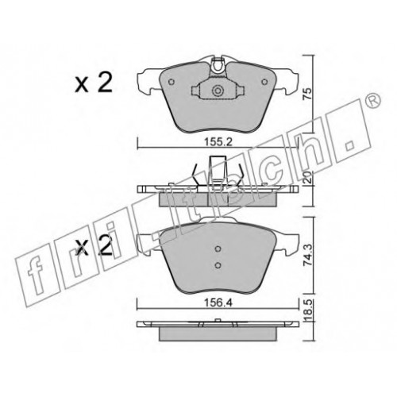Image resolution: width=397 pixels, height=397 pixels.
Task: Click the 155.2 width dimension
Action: pyautogui.click(x=218, y=142)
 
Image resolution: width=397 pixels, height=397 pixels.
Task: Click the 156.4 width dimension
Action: pyautogui.click(x=218, y=303)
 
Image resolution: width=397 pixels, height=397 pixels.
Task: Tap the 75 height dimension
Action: pyautogui.click(x=307, y=94)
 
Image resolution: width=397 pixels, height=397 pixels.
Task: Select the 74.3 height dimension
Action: pyautogui.click(x=307, y=256)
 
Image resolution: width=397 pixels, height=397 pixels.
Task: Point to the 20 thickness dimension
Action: pyautogui.click(x=307, y=178)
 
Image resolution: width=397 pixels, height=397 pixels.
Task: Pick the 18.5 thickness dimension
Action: pyautogui.click(x=307, y=310)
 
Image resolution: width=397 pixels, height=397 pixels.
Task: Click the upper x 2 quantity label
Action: pyautogui.click(x=93, y=83)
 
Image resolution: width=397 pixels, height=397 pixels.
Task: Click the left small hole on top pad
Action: pyautogui.click(x=172, y=82)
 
